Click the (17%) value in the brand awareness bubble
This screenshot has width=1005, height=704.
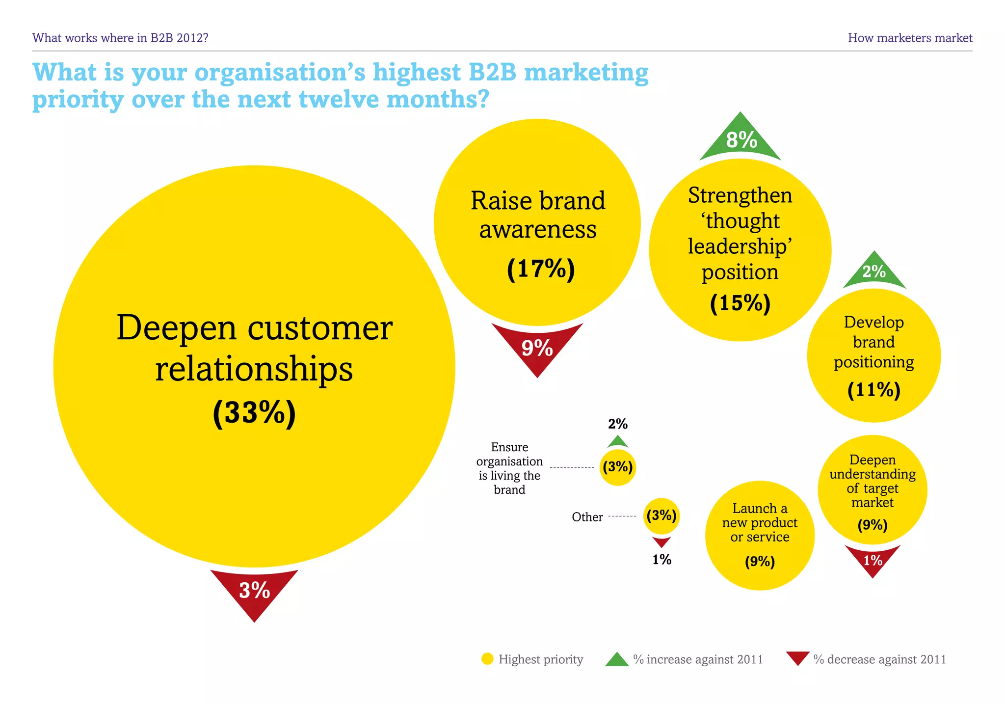540,269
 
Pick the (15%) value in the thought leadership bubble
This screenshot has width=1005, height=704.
740,303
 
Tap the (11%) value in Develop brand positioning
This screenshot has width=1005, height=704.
873,390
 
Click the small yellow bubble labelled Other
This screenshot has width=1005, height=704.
661,515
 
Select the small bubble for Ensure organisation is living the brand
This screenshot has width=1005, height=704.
617,467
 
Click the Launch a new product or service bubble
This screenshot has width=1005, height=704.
760,535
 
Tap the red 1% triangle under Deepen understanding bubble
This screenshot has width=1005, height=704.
873,559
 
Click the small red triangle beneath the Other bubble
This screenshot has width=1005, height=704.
661,542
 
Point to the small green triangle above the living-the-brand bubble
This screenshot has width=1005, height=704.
617,442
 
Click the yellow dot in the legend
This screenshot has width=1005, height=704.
487,659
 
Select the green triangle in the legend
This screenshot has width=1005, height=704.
617,660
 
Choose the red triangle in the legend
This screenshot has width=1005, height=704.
797,657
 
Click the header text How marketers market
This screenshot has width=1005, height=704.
910,38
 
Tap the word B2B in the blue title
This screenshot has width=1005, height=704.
492,72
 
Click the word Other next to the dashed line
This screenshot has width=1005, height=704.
587,517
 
